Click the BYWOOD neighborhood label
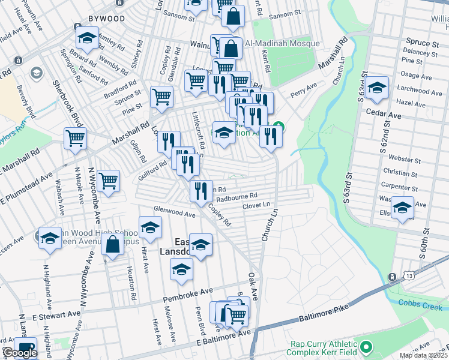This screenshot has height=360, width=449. click(106, 19)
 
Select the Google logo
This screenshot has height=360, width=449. click(20, 353)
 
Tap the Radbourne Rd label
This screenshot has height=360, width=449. click(237, 196)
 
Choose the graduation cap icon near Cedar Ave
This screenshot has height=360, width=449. click(376, 88)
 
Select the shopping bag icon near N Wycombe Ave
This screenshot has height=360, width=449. click(112, 245)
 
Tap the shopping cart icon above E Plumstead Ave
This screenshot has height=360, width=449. click(76, 139)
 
